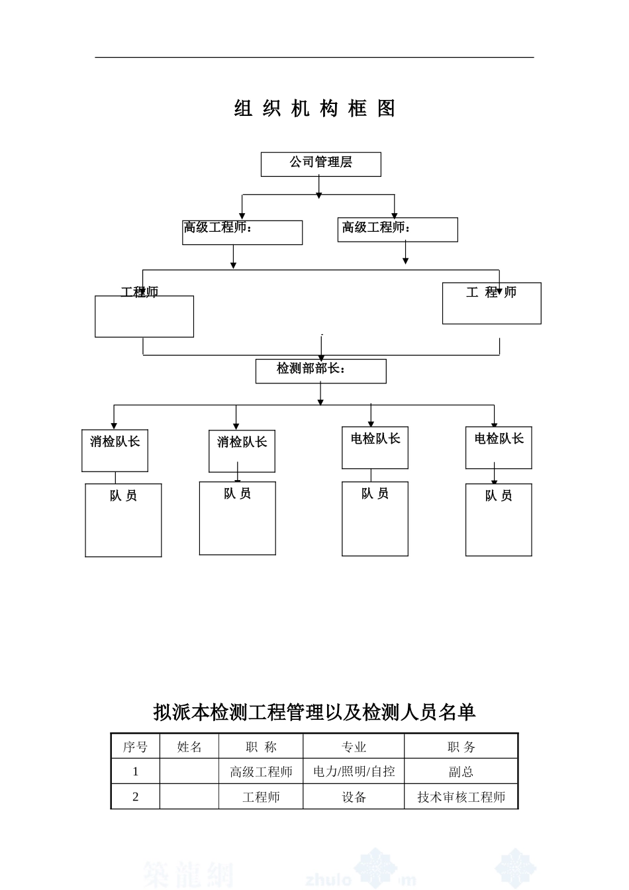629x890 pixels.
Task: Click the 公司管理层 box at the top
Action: click(x=320, y=164)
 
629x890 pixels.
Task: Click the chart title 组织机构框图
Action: click(x=315, y=109)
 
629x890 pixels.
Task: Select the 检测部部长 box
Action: click(x=320, y=371)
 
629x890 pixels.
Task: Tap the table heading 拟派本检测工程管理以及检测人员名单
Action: click(x=314, y=712)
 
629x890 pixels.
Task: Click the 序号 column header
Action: click(x=135, y=747)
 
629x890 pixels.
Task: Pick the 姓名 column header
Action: click(x=189, y=747)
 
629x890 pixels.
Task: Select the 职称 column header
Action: click(x=261, y=747)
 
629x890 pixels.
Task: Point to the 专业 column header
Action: click(x=354, y=747)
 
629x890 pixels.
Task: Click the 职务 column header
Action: click(x=461, y=747)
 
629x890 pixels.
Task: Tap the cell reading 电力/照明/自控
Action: click(x=354, y=771)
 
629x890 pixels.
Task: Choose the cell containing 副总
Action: click(x=461, y=771)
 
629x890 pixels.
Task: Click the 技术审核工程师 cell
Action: click(x=461, y=797)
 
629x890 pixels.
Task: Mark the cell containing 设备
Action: click(x=354, y=797)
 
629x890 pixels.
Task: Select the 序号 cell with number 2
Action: click(x=135, y=797)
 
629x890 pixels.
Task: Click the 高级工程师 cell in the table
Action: click(x=261, y=771)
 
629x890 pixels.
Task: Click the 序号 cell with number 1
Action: click(x=135, y=771)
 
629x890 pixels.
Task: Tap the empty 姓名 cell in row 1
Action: click(x=189, y=771)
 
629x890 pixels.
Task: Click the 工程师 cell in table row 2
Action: click(x=261, y=797)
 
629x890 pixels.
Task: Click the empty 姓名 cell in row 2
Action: click(x=189, y=797)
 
